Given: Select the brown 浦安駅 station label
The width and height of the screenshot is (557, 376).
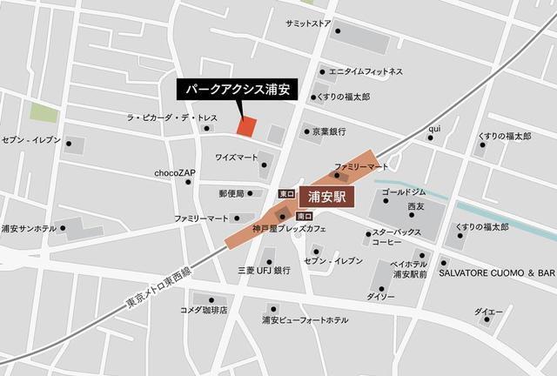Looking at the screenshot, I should pyautogui.click(x=328, y=197).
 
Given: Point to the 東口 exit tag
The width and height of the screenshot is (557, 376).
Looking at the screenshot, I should pyautogui.click(x=286, y=193).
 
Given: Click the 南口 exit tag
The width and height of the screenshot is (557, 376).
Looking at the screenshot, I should pyautogui.click(x=304, y=215).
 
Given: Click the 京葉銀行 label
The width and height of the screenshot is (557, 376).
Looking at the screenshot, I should pyautogui.click(x=329, y=131).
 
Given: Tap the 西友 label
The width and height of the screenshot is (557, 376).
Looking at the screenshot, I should pyautogui.click(x=415, y=207).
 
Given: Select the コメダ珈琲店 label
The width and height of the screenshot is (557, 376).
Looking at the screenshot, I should pyautogui.click(x=203, y=310).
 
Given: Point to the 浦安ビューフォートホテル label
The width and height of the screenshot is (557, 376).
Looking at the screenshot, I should pyautogui.click(x=305, y=319).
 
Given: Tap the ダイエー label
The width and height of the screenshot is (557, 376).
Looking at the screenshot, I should pyautogui.click(x=488, y=312).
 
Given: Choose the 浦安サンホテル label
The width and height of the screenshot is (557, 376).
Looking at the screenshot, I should pyautogui.click(x=29, y=229).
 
